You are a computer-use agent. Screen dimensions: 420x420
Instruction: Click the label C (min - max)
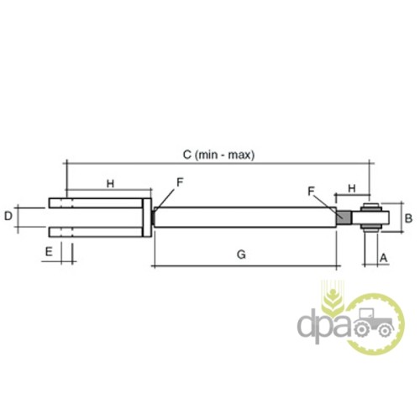(x=218, y=155)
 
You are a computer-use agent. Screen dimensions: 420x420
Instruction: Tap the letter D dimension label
(x=8, y=216)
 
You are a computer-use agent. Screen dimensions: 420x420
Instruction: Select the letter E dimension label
(x=49, y=252)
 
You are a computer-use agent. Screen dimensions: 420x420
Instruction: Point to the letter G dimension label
(x=241, y=255)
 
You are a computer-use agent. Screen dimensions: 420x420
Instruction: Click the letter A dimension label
(x=383, y=257)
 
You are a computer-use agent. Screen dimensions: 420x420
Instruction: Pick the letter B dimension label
(x=408, y=218)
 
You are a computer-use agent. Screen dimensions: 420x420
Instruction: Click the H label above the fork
(x=110, y=184)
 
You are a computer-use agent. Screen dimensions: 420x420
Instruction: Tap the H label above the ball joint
(x=352, y=188)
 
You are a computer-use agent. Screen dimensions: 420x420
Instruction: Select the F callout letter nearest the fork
(x=180, y=182)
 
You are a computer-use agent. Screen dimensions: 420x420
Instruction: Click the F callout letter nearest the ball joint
(x=311, y=191)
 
